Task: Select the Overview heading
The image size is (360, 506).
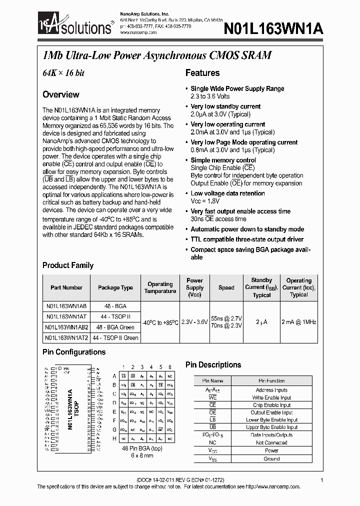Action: [x=60, y=94]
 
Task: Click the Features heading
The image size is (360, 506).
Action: [x=202, y=73]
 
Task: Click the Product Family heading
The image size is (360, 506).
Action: [x=68, y=265]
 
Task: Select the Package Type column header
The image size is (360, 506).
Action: [x=115, y=287]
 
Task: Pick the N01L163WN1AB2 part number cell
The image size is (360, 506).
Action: [x=66, y=327]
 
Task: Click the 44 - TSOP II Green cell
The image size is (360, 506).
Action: [x=115, y=338]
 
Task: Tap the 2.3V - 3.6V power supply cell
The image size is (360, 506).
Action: [x=194, y=322]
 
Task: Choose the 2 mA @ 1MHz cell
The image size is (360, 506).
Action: [x=298, y=322]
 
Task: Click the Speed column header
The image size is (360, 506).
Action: [x=226, y=287]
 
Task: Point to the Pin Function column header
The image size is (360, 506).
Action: [x=272, y=381]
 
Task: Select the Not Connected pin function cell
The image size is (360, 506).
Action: [x=272, y=442]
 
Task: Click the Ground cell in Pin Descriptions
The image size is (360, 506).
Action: [x=272, y=458]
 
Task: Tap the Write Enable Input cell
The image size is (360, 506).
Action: [x=272, y=397]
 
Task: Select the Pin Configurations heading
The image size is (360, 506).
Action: [x=74, y=352]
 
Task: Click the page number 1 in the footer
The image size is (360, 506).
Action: [x=322, y=480]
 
